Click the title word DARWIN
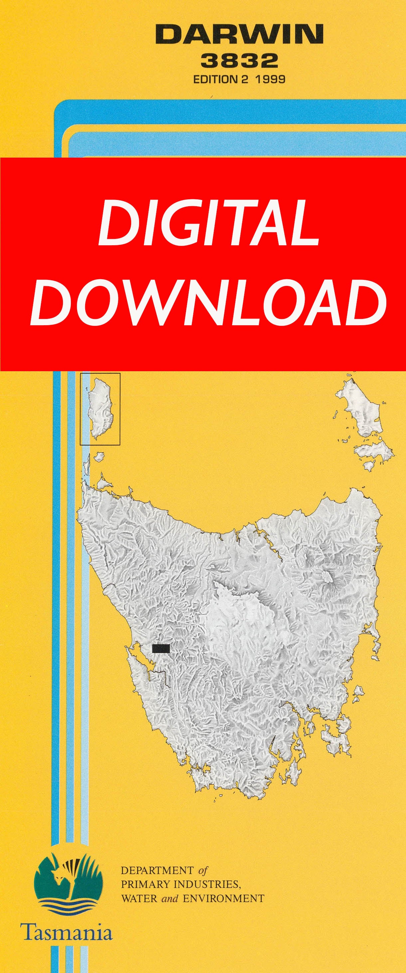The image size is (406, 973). pyautogui.click(x=239, y=34)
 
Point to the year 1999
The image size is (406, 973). pyautogui.click(x=270, y=79)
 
